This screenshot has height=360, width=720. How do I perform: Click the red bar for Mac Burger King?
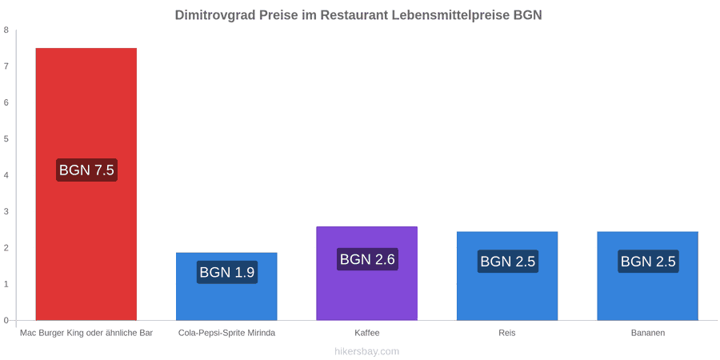(86, 184)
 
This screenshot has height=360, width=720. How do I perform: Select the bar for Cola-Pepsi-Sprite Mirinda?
(226, 286)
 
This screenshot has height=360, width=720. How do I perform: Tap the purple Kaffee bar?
(367, 274)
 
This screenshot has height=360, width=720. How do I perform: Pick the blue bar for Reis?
(507, 275)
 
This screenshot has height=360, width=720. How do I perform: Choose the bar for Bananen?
(647, 275)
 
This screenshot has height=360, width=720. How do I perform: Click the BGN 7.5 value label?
(86, 170)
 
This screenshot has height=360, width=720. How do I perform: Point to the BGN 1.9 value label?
(227, 272)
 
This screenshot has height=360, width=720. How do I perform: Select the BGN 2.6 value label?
(367, 259)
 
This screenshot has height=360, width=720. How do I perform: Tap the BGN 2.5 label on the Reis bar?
(508, 262)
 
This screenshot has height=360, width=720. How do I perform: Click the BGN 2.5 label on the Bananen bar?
(648, 262)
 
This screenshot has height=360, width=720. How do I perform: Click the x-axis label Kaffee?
(367, 333)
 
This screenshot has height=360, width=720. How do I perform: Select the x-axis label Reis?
(507, 333)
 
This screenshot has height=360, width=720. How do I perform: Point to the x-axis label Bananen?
(647, 333)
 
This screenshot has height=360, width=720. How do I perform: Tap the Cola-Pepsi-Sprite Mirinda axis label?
(227, 333)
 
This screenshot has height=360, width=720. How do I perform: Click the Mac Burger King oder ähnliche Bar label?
(86, 333)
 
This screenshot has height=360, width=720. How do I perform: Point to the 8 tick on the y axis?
(6, 30)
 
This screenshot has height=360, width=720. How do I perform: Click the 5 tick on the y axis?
(6, 139)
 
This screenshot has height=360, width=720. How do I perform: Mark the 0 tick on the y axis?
(6, 321)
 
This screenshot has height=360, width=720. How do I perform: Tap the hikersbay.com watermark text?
(367, 351)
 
